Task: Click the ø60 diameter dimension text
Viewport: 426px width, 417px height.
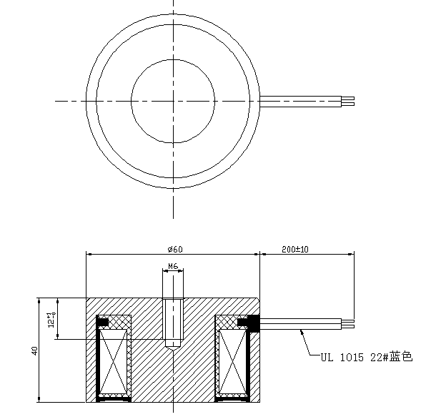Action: pos(176,249)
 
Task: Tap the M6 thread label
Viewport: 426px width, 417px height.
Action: pos(172,266)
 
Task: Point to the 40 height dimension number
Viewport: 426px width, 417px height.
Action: pos(34,350)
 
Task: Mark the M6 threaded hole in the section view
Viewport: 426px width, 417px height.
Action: pos(172,322)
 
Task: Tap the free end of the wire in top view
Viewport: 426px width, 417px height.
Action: pos(352,101)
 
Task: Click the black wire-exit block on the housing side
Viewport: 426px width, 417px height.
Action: pos(252,323)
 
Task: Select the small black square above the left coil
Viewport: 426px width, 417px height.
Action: pos(104,323)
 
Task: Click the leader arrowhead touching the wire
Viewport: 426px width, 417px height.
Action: pos(302,330)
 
